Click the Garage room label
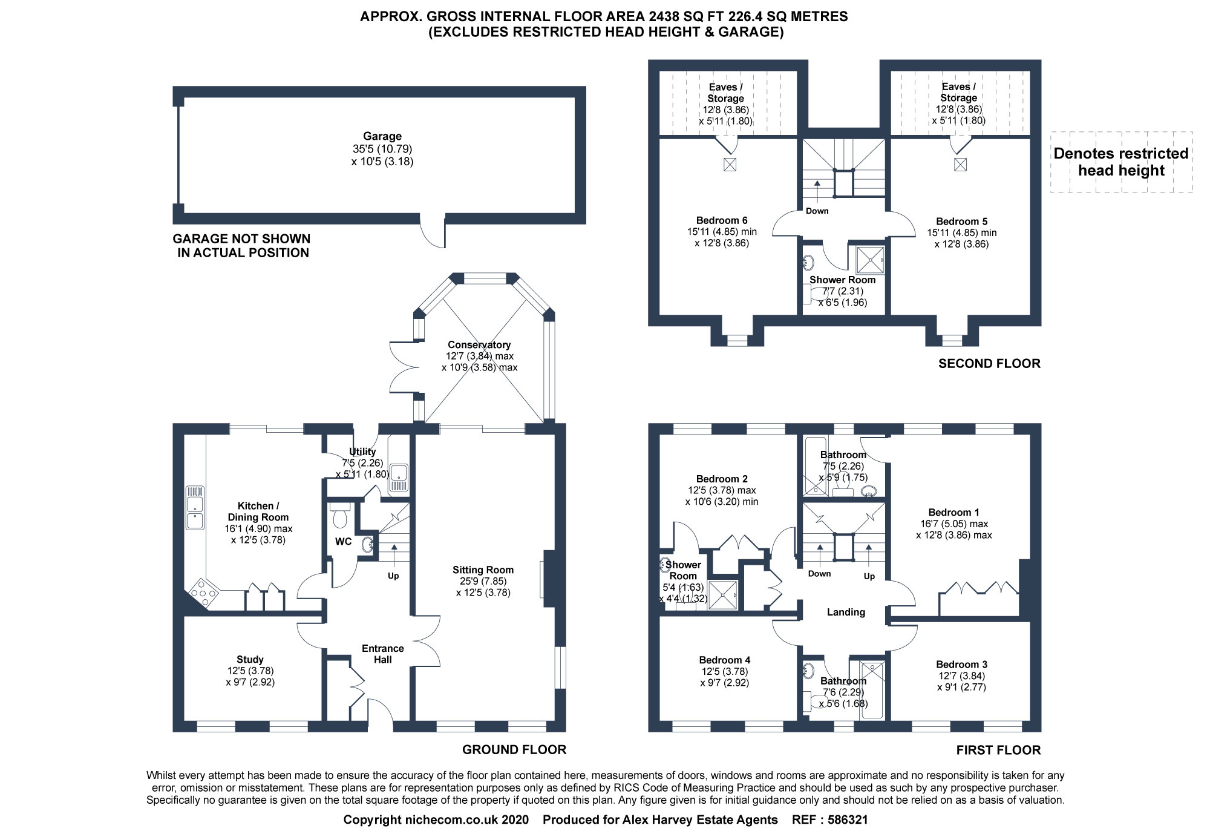382,137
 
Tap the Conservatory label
479,345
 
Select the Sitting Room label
483,570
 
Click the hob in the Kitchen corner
204,593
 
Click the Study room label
250,660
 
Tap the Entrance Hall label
382,654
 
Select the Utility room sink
398,475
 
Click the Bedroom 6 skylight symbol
730,164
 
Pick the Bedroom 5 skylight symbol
960,164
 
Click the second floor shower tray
870,260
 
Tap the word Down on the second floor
817,211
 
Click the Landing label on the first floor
846,613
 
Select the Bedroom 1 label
953,512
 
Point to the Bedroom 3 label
961,665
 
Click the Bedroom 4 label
724,660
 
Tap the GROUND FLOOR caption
514,750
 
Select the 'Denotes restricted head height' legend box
1121,162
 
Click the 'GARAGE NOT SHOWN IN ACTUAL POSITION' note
242,246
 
